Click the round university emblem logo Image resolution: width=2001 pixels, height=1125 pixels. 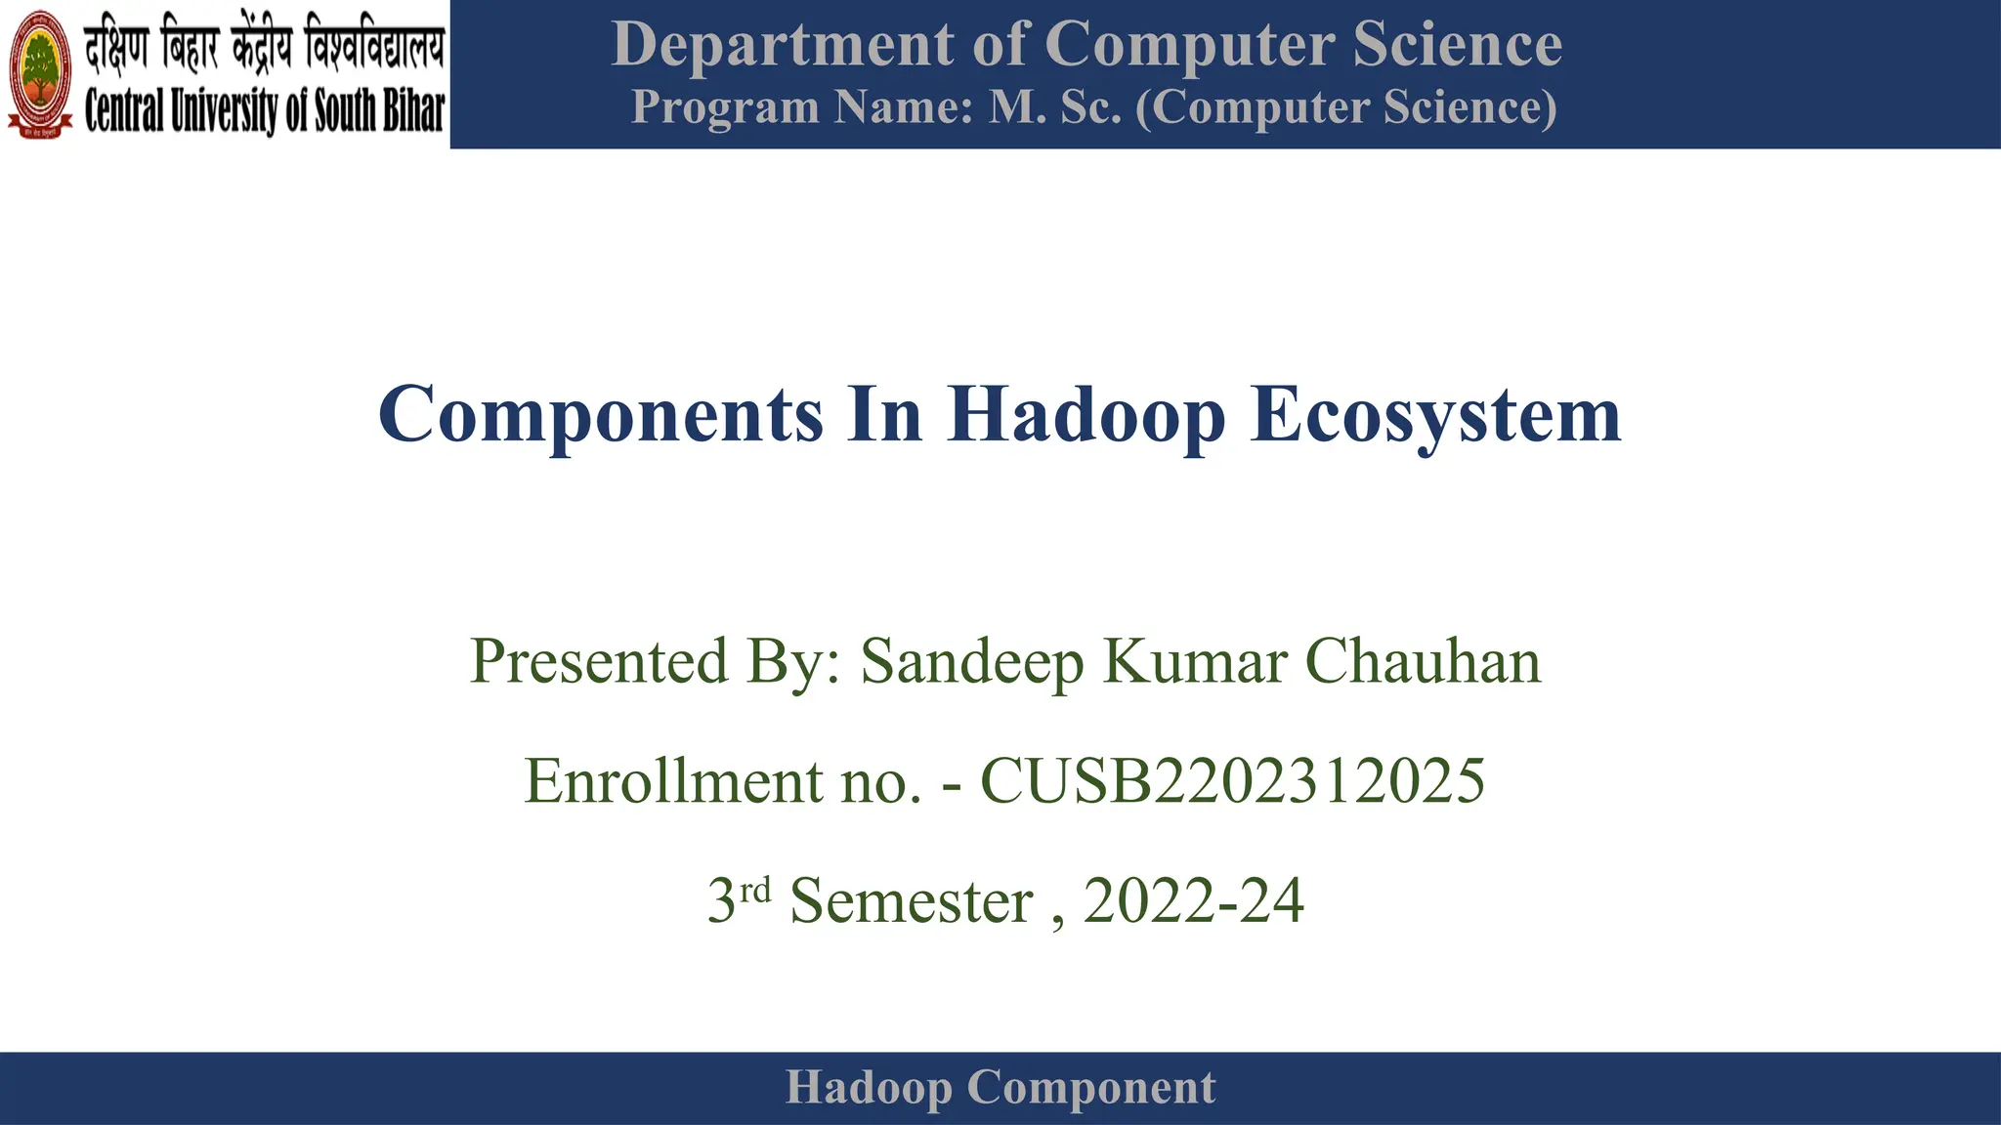coord(40,75)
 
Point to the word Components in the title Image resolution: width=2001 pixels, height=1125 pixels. coord(600,415)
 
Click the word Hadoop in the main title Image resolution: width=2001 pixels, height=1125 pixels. coord(1086,415)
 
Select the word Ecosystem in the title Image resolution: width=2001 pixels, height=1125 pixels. coord(1435,415)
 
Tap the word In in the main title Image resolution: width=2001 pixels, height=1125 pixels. coord(884,415)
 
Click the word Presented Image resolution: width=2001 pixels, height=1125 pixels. coord(599,662)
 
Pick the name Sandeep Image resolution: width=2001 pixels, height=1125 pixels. coord(971,662)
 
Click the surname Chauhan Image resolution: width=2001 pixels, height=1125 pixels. coord(1423,662)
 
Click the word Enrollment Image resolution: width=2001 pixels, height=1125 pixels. coord(673,781)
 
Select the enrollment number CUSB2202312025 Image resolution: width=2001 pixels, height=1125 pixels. coord(1232,781)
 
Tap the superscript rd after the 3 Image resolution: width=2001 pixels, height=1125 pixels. coord(755,890)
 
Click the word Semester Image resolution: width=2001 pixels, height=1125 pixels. coord(911,900)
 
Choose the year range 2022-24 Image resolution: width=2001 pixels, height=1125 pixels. coord(1193,900)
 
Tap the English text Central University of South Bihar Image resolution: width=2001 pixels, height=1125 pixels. coord(264,110)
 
